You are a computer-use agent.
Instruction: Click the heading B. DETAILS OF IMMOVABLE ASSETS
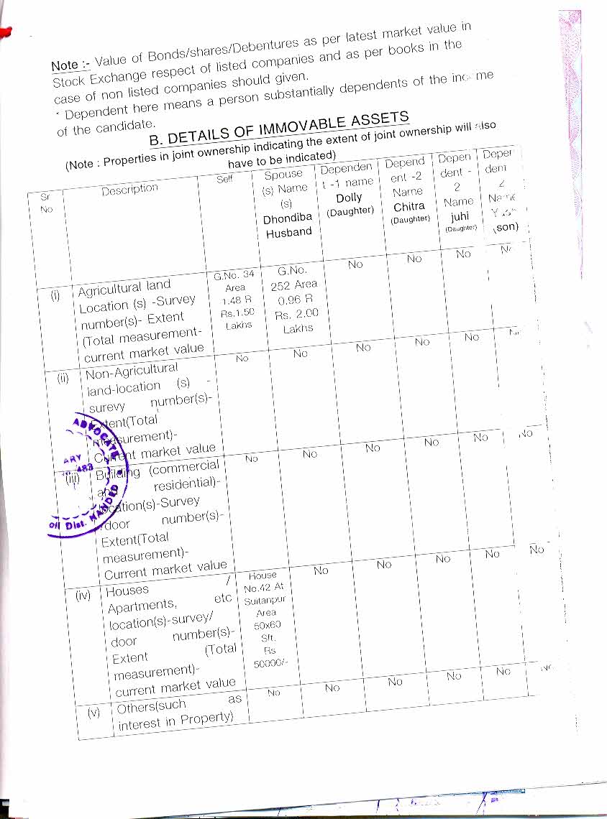(x=279, y=129)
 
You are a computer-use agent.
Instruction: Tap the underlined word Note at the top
(x=65, y=65)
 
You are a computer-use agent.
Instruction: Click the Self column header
(x=225, y=178)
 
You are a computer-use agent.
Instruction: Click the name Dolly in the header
(x=350, y=198)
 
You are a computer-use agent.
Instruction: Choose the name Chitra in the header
(x=409, y=207)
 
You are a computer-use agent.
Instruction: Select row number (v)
(x=94, y=713)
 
